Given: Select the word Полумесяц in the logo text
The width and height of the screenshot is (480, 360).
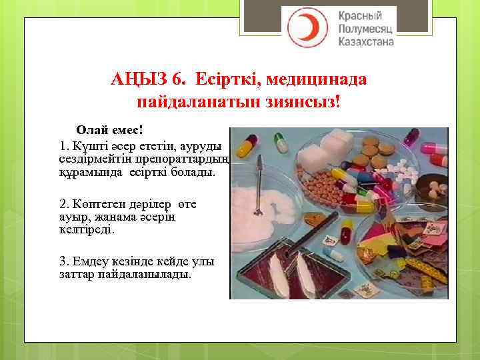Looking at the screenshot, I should point(366,29).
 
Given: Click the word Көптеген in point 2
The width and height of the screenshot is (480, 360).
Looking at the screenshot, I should point(99,203).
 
